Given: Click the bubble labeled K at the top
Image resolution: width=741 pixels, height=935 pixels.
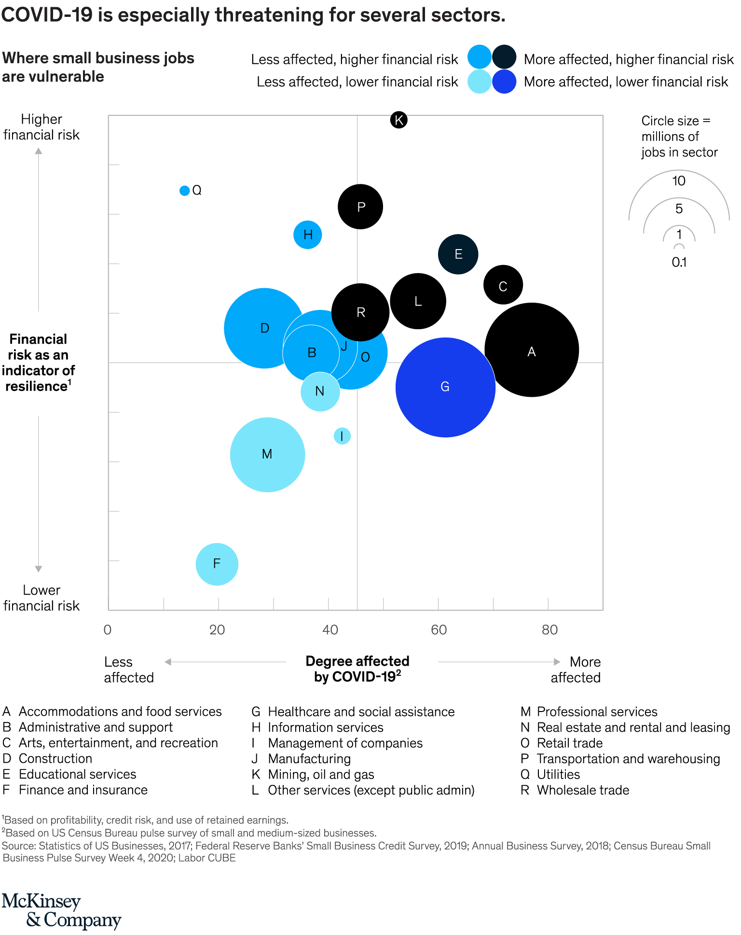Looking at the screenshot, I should [398, 120].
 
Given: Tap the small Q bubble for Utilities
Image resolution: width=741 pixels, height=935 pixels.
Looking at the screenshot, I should [184, 191].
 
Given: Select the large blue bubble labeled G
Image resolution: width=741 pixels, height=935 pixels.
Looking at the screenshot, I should [445, 387].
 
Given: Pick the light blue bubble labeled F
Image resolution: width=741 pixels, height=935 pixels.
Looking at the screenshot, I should [217, 564].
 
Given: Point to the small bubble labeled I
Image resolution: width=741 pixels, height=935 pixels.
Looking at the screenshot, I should [342, 436].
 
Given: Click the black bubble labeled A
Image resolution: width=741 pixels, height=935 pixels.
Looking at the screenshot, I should [532, 350].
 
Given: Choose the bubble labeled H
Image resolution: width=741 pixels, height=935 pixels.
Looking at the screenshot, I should [308, 235].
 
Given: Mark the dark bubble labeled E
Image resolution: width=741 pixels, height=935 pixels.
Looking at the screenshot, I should [458, 254].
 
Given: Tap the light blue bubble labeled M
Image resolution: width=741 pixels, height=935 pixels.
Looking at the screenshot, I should [267, 454].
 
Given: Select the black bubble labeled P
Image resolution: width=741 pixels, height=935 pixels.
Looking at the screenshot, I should [360, 207].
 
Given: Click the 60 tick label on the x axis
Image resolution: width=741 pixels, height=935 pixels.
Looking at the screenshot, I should [439, 630].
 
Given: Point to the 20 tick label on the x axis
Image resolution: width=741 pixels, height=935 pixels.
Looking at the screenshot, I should [217, 630].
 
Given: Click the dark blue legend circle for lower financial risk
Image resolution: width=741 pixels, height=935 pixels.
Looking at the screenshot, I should [504, 82].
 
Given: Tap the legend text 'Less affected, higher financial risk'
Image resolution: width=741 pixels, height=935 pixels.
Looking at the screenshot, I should [354, 59].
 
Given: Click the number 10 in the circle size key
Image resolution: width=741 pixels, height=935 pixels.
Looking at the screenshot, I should [679, 181].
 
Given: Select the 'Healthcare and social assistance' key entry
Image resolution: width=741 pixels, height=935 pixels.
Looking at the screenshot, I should [361, 712].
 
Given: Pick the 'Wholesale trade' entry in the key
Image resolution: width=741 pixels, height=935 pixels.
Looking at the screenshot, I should [583, 790].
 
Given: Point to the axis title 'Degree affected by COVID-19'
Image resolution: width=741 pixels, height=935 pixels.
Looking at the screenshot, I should [357, 669].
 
